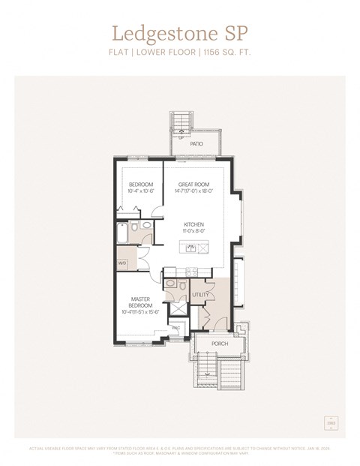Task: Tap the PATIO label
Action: click(196, 143)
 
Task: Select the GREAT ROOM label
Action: click(193, 185)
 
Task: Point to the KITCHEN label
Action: click(195, 224)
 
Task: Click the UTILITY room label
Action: click(200, 296)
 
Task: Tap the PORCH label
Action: click(220, 344)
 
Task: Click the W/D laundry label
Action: click(122, 263)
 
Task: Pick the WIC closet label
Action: click(175, 328)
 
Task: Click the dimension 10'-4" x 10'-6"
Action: click(141, 191)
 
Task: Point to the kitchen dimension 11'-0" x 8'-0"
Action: click(195, 231)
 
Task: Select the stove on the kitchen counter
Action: click(190, 272)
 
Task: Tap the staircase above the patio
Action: click(180, 123)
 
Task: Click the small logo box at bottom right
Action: click(331, 424)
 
